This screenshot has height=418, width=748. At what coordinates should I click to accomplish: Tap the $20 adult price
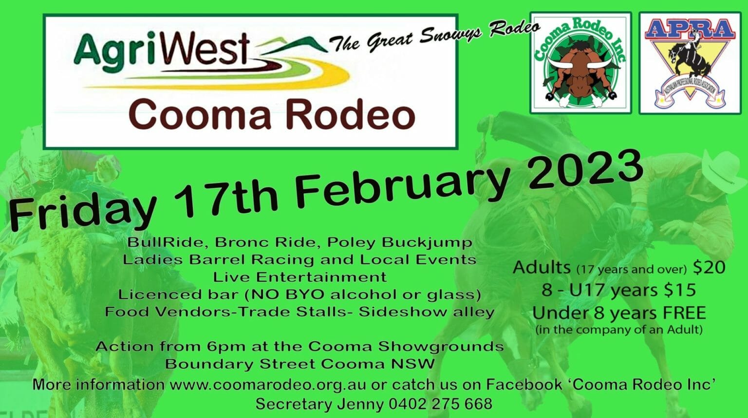click(x=709, y=267)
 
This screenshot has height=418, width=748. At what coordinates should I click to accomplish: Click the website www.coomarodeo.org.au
click(x=268, y=384)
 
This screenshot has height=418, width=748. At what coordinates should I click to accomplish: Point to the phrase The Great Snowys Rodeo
click(x=434, y=36)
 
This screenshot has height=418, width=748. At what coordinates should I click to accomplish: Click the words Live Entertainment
click(x=300, y=277)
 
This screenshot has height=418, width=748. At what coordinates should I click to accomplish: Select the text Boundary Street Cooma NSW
click(x=299, y=364)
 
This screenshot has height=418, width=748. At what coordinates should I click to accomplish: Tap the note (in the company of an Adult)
click(x=619, y=330)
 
